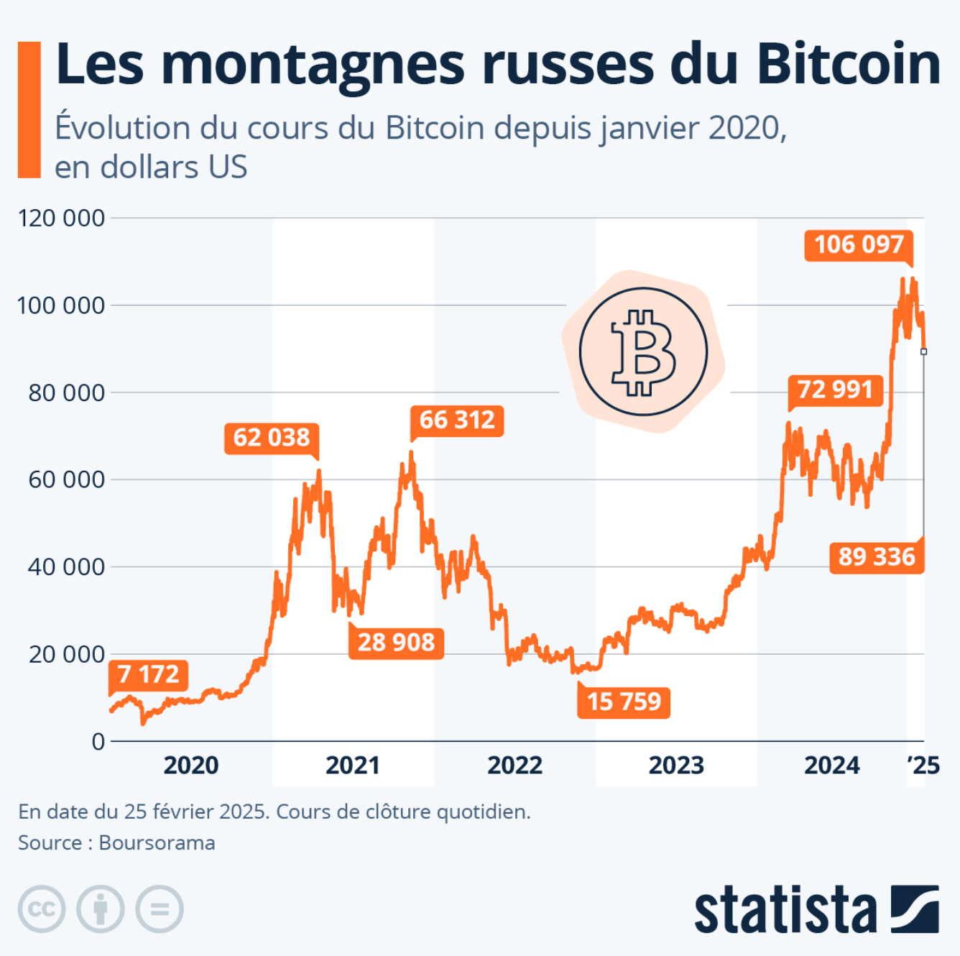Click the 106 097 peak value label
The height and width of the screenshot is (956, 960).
coord(859,245)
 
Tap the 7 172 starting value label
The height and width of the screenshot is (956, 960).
coord(149,674)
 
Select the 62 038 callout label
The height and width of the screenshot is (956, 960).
coord(272,437)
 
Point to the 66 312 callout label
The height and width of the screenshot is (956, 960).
coord(457,420)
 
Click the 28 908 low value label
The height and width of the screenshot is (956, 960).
coord(396,642)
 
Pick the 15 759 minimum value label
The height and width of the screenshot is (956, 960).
coord(624,702)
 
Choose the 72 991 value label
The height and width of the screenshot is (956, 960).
coord(835,390)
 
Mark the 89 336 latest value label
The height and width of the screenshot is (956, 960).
coord(877,557)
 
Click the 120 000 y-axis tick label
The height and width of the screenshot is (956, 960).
coord(61,218)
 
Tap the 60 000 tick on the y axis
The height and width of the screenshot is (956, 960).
coord(66,479)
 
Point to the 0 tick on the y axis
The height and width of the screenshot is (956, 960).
coord(98,742)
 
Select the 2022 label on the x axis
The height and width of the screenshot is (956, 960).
coord(514,766)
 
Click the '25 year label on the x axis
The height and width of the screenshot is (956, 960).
coord(924,766)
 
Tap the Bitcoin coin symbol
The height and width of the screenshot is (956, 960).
coord(643,352)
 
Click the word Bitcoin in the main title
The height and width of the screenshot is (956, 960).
coord(848,65)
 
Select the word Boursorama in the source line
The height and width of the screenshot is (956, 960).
coord(157,842)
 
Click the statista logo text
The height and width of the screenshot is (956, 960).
coord(785,910)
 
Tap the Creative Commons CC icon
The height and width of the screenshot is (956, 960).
coord(42,909)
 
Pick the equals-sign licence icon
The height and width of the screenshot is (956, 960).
coord(160,909)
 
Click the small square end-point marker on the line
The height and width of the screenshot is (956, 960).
coord(923,351)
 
